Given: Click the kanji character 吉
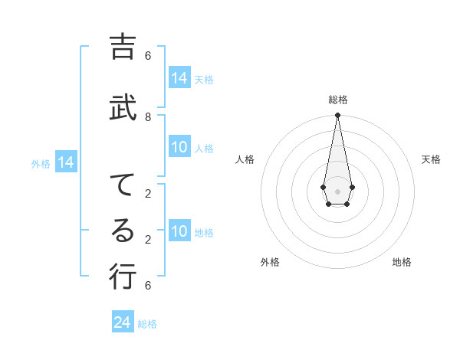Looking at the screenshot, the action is pyautogui.click(x=122, y=47).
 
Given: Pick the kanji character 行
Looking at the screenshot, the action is pyautogui.click(x=122, y=277).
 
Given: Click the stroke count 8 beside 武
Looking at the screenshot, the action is pyautogui.click(x=148, y=117).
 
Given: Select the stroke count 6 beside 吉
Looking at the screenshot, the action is pyautogui.click(x=148, y=56).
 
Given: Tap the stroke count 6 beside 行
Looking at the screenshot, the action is pyautogui.click(x=148, y=286).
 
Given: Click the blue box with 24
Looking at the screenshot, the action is pyautogui.click(x=123, y=322).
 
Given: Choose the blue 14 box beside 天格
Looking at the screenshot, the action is pyautogui.click(x=179, y=78).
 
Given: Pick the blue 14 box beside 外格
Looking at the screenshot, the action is pyautogui.click(x=66, y=162).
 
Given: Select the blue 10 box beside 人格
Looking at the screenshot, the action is pyautogui.click(x=179, y=148).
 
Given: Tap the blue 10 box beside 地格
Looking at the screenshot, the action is pyautogui.click(x=179, y=231).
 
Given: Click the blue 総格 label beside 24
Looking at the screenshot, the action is pyautogui.click(x=147, y=324).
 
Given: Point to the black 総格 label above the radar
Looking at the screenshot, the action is pyautogui.click(x=338, y=100).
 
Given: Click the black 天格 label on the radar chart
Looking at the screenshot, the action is pyautogui.click(x=432, y=159).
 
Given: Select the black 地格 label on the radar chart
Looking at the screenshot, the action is pyautogui.click(x=402, y=262).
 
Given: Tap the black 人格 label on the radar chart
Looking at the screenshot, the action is pyautogui.click(x=245, y=159).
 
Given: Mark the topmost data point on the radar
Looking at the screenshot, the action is pyautogui.click(x=337, y=115).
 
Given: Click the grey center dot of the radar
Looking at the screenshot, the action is pyautogui.click(x=337, y=190).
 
